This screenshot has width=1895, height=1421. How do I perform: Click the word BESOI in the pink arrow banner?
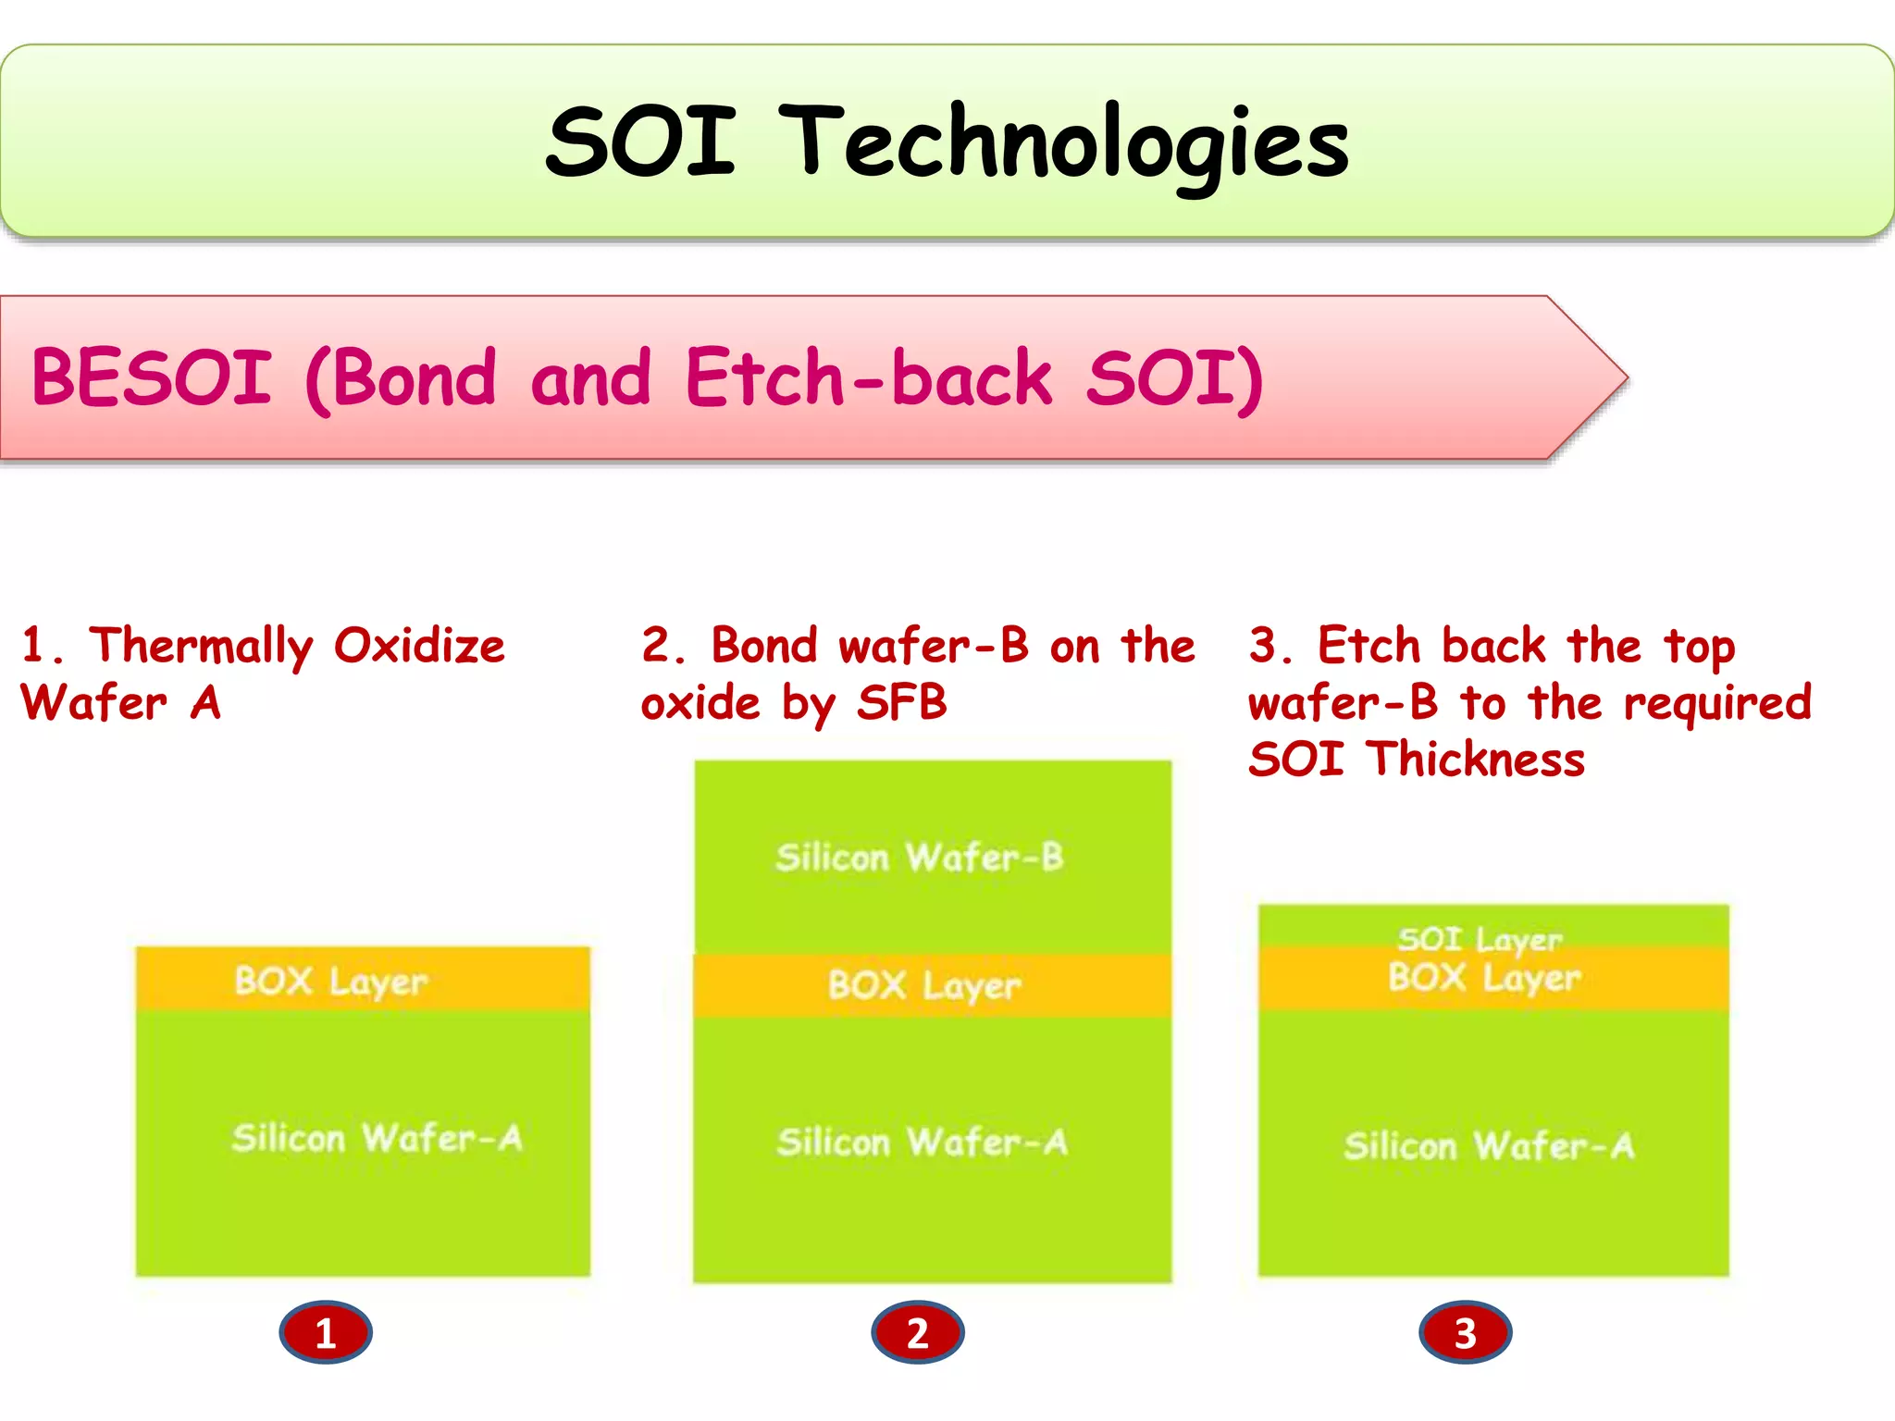tap(152, 377)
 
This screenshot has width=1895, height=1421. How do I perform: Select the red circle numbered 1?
tap(326, 1333)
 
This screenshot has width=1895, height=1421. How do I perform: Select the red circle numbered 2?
tap(917, 1333)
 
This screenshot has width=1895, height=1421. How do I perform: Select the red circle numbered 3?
tap(1465, 1333)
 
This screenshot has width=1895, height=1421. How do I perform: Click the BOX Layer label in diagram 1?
tap(331, 981)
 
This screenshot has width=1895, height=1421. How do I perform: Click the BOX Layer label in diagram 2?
tap(924, 985)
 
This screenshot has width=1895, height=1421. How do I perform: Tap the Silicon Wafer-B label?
tap(920, 858)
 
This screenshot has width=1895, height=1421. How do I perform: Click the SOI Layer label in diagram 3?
tap(1480, 939)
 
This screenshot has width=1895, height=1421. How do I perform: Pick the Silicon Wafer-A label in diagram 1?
tap(377, 1138)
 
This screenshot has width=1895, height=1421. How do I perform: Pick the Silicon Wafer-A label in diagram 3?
tap(1489, 1146)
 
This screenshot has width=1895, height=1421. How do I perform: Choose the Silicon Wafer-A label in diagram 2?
tap(923, 1143)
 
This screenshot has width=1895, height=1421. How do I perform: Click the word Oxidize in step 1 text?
tap(419, 646)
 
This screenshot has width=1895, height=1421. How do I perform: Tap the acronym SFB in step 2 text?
tap(902, 702)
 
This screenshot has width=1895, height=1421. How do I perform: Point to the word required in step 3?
tap(1717, 703)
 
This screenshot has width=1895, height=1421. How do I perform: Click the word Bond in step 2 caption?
tap(764, 646)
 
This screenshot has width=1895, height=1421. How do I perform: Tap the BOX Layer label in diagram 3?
tap(1484, 977)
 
